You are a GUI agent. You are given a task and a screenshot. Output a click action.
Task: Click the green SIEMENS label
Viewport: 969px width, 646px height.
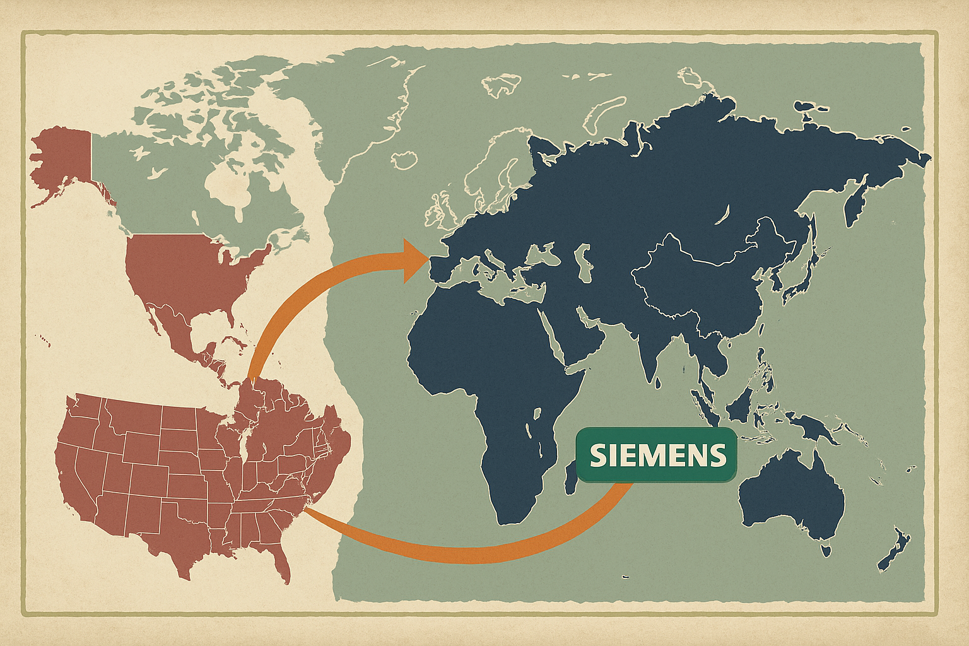pos(657,455)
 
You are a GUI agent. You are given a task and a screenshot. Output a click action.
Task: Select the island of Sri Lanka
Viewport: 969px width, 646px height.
pos(658,382)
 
